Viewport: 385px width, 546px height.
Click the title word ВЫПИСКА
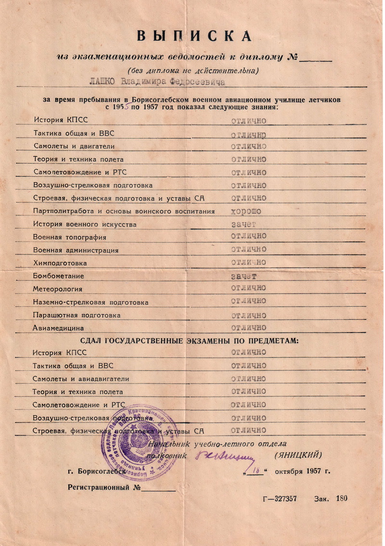click(x=194, y=36)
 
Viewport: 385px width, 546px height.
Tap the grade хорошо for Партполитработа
click(x=246, y=211)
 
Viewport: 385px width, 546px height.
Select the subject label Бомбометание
click(x=58, y=276)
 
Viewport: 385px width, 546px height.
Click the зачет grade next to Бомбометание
click(x=243, y=276)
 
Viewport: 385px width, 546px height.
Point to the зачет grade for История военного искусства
click(x=244, y=224)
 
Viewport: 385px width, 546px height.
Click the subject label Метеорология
click(x=57, y=289)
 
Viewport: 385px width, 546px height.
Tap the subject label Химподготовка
click(x=60, y=263)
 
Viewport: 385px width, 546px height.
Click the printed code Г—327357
click(x=280, y=499)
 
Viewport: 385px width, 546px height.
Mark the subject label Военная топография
click(x=69, y=237)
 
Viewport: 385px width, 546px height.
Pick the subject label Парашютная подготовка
click(x=77, y=315)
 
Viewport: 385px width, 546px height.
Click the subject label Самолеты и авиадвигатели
click(x=81, y=379)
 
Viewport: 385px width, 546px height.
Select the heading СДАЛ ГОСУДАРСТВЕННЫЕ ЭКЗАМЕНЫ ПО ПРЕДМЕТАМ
click(x=189, y=341)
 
